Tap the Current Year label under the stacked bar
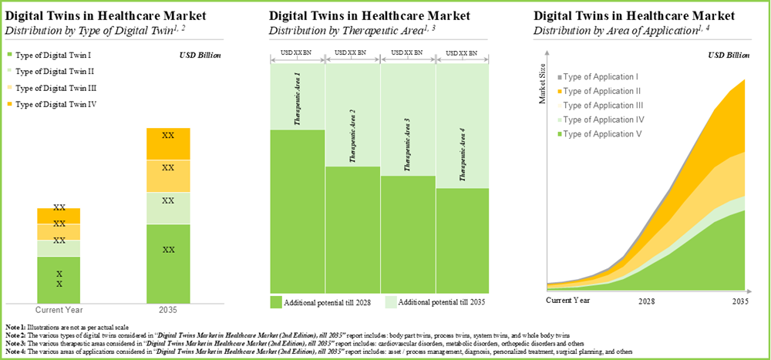click(59, 310)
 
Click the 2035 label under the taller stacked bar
click(168, 310)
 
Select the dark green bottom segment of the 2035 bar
click(168, 262)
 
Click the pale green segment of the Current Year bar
click(59, 247)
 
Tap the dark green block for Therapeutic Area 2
click(352, 231)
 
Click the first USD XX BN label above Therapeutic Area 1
click(297, 52)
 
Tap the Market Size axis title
click(542, 86)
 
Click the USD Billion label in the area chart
click(728, 55)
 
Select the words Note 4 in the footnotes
click(15, 352)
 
